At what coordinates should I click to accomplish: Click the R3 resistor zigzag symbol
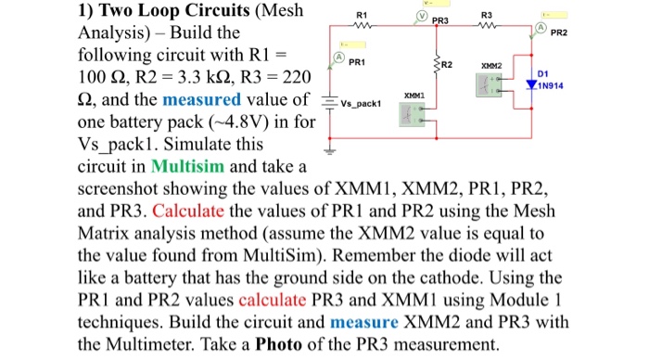[487, 26]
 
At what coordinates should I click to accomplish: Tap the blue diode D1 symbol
[531, 84]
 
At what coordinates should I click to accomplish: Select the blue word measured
[198, 99]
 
